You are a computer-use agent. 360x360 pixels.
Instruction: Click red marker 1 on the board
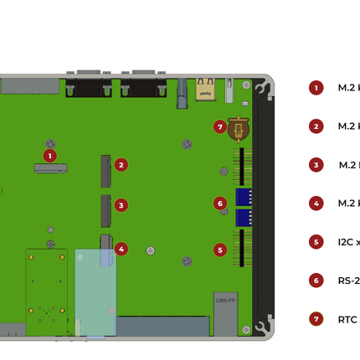49,155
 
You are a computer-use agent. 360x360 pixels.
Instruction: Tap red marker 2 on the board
121,165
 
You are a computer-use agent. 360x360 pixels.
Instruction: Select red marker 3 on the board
121,205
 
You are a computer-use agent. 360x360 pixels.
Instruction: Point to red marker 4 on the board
121,249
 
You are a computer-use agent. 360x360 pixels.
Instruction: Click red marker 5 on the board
220,249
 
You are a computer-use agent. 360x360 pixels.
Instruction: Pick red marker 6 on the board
220,203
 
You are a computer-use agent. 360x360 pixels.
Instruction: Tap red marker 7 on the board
220,127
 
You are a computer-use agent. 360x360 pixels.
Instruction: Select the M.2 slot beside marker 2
105,171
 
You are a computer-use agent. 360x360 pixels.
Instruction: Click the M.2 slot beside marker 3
105,211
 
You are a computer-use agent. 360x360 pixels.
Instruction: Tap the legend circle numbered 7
316,319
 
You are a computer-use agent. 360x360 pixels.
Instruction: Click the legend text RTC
347,319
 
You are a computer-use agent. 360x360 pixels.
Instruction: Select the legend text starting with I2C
349,242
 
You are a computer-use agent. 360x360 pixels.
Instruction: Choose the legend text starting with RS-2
349,280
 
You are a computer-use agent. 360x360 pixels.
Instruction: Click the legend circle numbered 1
316,88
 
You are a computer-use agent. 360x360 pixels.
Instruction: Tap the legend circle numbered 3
316,165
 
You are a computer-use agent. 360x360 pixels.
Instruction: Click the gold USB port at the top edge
205,89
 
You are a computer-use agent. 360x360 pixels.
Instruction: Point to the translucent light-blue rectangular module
95,291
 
